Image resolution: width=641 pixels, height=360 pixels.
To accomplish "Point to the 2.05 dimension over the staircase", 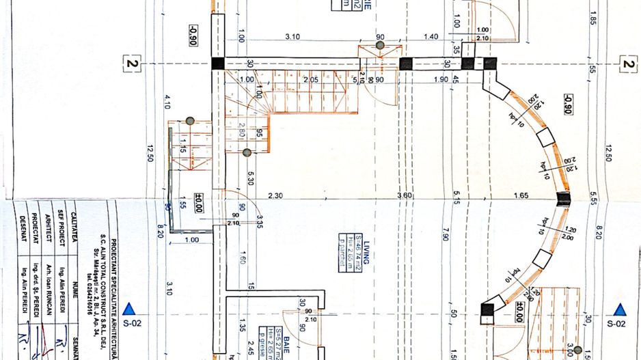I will click(x=311, y=80).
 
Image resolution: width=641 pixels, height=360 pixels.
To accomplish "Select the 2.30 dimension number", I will click(x=275, y=197).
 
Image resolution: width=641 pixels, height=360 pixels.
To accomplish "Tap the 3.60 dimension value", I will click(x=405, y=197).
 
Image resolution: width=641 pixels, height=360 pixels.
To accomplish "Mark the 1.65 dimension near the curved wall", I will click(x=521, y=197).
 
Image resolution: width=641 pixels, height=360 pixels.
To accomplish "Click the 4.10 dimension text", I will click(x=167, y=102).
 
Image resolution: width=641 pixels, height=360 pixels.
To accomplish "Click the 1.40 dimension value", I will click(x=431, y=36).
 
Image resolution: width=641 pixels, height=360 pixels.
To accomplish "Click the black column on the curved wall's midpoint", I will click(x=562, y=199).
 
